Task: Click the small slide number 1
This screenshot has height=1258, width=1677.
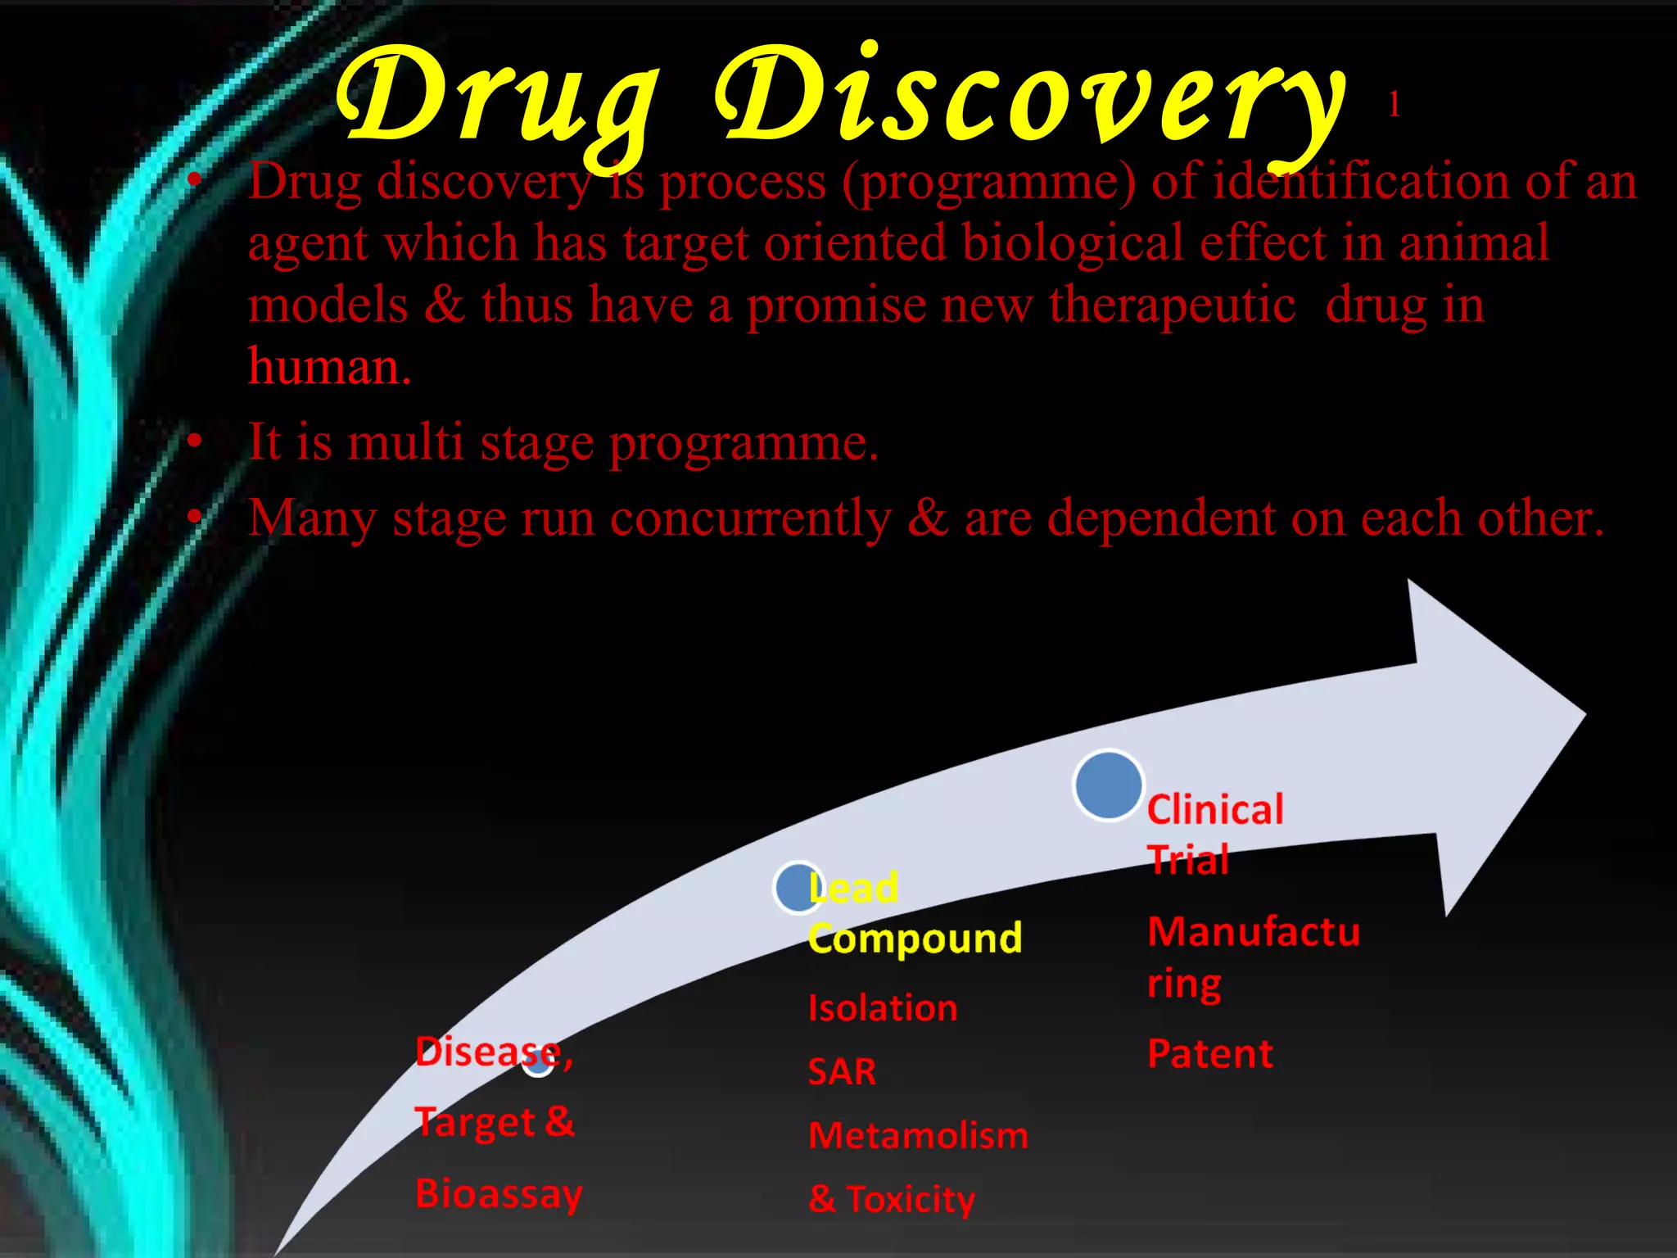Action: click(1394, 105)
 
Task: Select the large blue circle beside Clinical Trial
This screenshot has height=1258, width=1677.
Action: click(1109, 785)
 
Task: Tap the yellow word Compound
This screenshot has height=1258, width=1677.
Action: click(915, 938)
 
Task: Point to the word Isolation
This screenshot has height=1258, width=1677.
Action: click(883, 1008)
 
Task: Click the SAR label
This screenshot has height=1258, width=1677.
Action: click(842, 1072)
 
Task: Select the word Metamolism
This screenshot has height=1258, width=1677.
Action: click(918, 1136)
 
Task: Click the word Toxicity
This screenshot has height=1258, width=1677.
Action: click(911, 1200)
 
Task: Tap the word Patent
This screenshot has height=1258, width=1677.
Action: click(1210, 1054)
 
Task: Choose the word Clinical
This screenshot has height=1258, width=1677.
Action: click(1215, 810)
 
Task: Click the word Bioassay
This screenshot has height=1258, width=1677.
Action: click(499, 1194)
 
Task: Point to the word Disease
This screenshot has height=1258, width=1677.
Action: click(488, 1052)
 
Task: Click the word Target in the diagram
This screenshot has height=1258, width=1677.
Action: click(475, 1123)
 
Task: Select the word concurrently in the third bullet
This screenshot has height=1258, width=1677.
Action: click(750, 518)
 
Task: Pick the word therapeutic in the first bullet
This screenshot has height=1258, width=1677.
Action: click(1173, 305)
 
